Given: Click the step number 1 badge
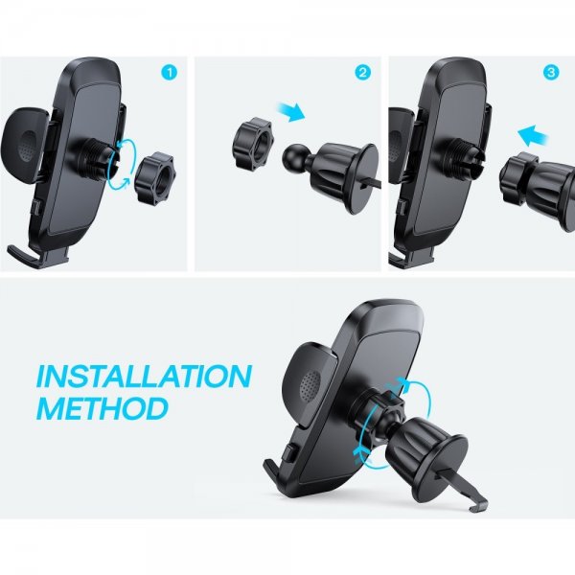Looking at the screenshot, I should [x=170, y=73].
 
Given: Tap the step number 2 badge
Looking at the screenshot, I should [x=362, y=73].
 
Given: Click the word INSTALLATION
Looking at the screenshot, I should [x=144, y=376].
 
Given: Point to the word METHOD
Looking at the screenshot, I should [x=102, y=408].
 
